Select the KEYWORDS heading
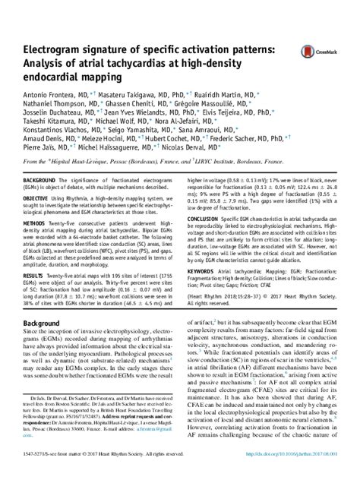pyautogui.click(x=197, y=291)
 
